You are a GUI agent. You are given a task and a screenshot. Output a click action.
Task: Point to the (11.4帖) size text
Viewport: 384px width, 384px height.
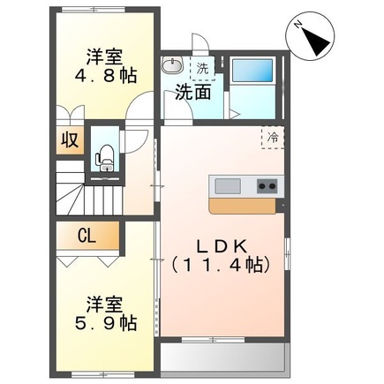pyautogui.click(x=220, y=262)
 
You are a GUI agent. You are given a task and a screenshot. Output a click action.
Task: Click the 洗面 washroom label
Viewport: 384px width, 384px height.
pyautogui.click(x=192, y=91)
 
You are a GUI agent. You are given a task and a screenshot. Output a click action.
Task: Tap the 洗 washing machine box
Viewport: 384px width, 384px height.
pyautogui.click(x=203, y=68)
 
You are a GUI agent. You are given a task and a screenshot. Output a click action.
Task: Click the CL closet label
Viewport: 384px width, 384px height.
pyautogui.click(x=87, y=236)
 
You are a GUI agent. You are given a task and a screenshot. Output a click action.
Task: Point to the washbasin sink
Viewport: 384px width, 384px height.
pyautogui.click(x=171, y=67)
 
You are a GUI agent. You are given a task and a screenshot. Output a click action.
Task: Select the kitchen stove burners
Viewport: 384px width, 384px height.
pyautogui.click(x=266, y=185)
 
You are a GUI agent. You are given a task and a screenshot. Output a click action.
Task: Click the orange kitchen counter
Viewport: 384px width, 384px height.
pyautogui.click(x=243, y=204)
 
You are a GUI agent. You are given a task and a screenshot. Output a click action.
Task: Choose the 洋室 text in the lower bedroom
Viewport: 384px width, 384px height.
pyautogui.click(x=106, y=305)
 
